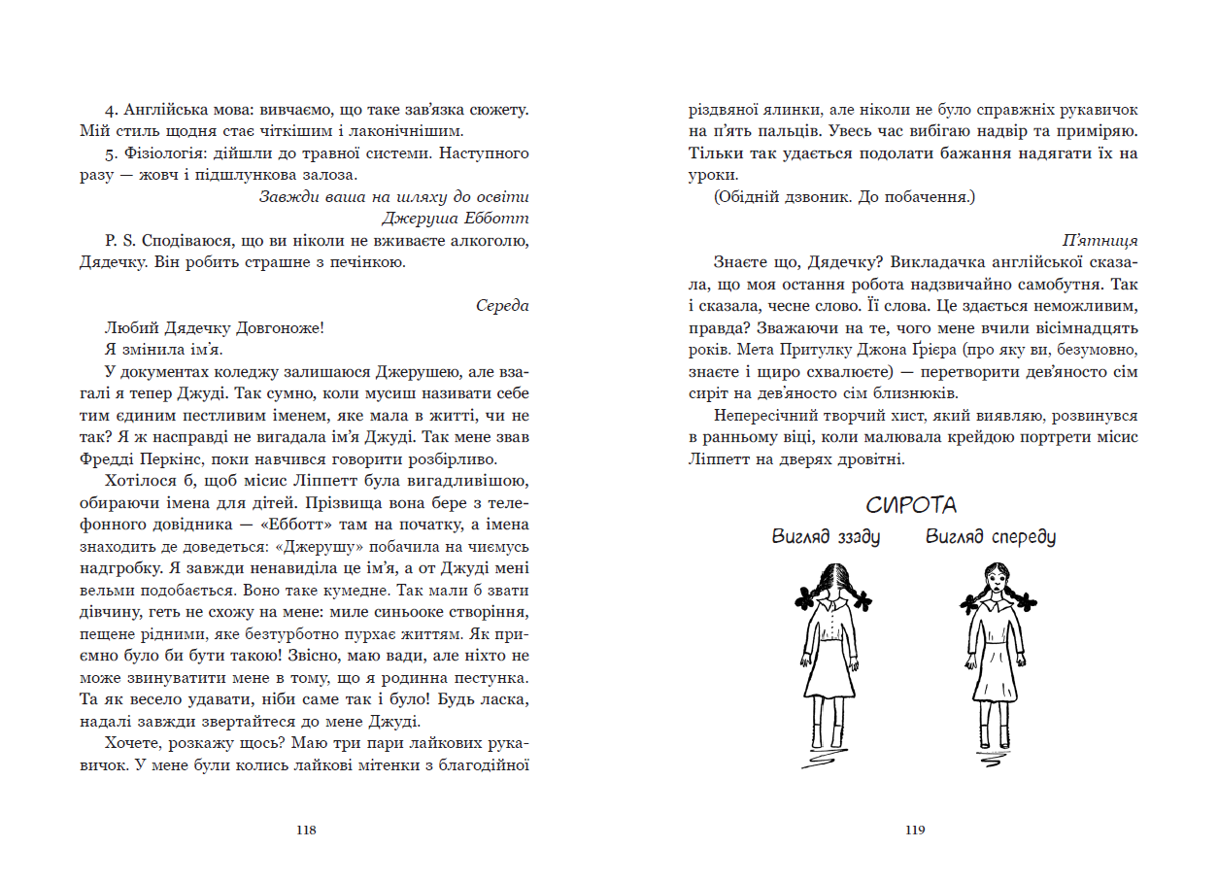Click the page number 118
click(306, 830)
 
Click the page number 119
click(914, 830)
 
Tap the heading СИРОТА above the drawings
click(911, 505)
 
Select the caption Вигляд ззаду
click(826, 536)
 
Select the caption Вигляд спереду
click(990, 536)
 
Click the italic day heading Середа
click(502, 306)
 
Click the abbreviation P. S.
click(114, 240)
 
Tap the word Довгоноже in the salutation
click(277, 328)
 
